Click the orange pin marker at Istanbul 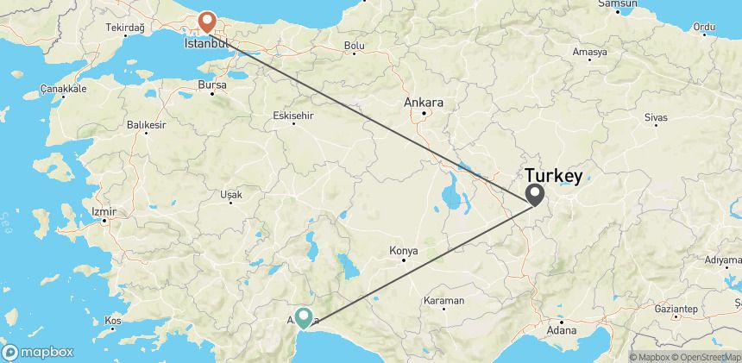click(x=207, y=20)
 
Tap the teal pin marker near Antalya click(x=305, y=318)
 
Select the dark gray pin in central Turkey click(x=535, y=194)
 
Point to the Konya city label click(x=404, y=251)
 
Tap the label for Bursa click(x=211, y=85)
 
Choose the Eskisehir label click(x=292, y=116)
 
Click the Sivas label click(x=657, y=116)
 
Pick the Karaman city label click(x=445, y=300)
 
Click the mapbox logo click(x=38, y=352)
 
